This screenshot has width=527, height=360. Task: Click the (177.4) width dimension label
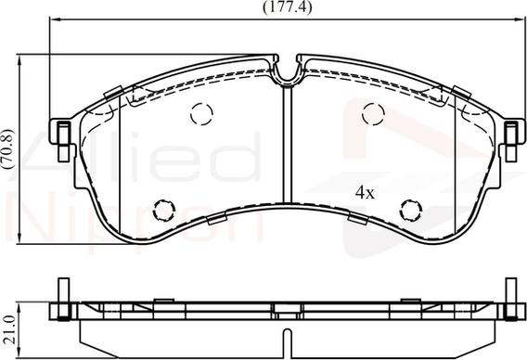click(x=287, y=7)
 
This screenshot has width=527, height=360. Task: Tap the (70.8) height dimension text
click(x=7, y=148)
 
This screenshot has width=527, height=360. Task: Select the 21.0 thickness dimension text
click(x=9, y=329)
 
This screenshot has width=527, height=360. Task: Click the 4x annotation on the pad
click(x=365, y=193)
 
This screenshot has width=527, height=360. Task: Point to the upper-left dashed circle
click(x=201, y=114)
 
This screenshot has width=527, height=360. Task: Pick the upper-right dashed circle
click(x=373, y=114)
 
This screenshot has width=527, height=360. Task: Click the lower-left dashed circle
click(x=164, y=211)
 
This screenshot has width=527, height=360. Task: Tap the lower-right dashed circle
click(x=411, y=211)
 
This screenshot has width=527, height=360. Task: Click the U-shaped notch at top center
click(x=287, y=79)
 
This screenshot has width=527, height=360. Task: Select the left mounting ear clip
click(x=64, y=141)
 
